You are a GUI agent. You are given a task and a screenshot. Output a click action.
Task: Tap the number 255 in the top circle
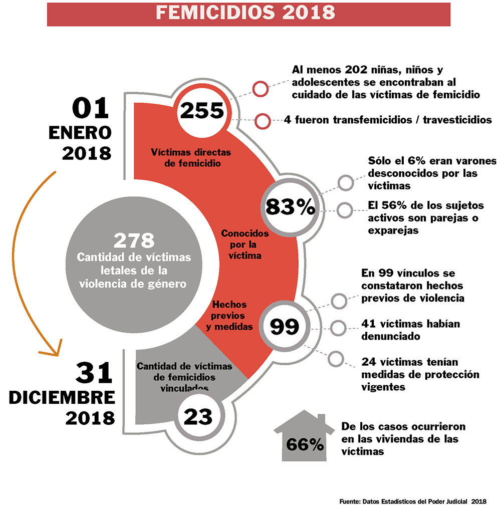[201, 111]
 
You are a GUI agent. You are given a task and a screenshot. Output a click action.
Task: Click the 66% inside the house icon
[305, 444]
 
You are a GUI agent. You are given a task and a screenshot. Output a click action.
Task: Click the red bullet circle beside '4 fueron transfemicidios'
[262, 121]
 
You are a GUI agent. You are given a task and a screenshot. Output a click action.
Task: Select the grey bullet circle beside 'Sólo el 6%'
[345, 183]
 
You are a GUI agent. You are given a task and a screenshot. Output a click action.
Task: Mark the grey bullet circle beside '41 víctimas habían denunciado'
[339, 328]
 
